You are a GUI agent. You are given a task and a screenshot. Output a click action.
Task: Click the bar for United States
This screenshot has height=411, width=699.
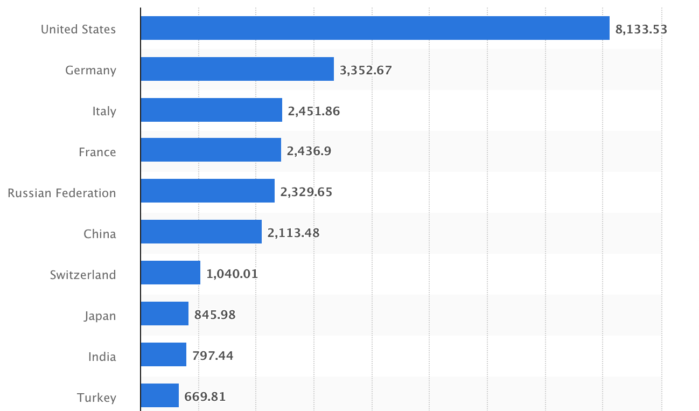375,28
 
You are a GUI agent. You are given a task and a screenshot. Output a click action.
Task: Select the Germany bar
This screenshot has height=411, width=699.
237,69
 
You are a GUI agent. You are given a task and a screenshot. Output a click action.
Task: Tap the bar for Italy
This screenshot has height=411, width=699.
211,110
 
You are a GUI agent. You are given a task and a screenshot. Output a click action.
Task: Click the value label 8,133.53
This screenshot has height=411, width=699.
641,29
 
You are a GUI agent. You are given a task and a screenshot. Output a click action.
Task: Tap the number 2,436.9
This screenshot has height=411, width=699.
309,152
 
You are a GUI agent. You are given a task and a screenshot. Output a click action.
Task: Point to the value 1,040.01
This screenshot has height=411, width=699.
232,274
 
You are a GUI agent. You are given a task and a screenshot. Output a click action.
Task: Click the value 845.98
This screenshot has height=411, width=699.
214,315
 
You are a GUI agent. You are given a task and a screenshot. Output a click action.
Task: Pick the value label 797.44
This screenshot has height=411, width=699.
213,356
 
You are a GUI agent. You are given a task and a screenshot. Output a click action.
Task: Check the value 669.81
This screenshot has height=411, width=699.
205,397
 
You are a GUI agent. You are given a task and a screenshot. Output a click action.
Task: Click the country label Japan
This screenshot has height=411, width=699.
100,316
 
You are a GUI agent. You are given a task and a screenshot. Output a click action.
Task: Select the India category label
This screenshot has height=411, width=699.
102,357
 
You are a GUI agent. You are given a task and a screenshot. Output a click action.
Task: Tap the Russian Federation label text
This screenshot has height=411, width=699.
61,193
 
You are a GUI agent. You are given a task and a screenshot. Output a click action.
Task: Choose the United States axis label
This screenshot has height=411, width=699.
78,29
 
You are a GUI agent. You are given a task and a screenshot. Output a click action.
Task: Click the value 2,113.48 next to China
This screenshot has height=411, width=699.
293,233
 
